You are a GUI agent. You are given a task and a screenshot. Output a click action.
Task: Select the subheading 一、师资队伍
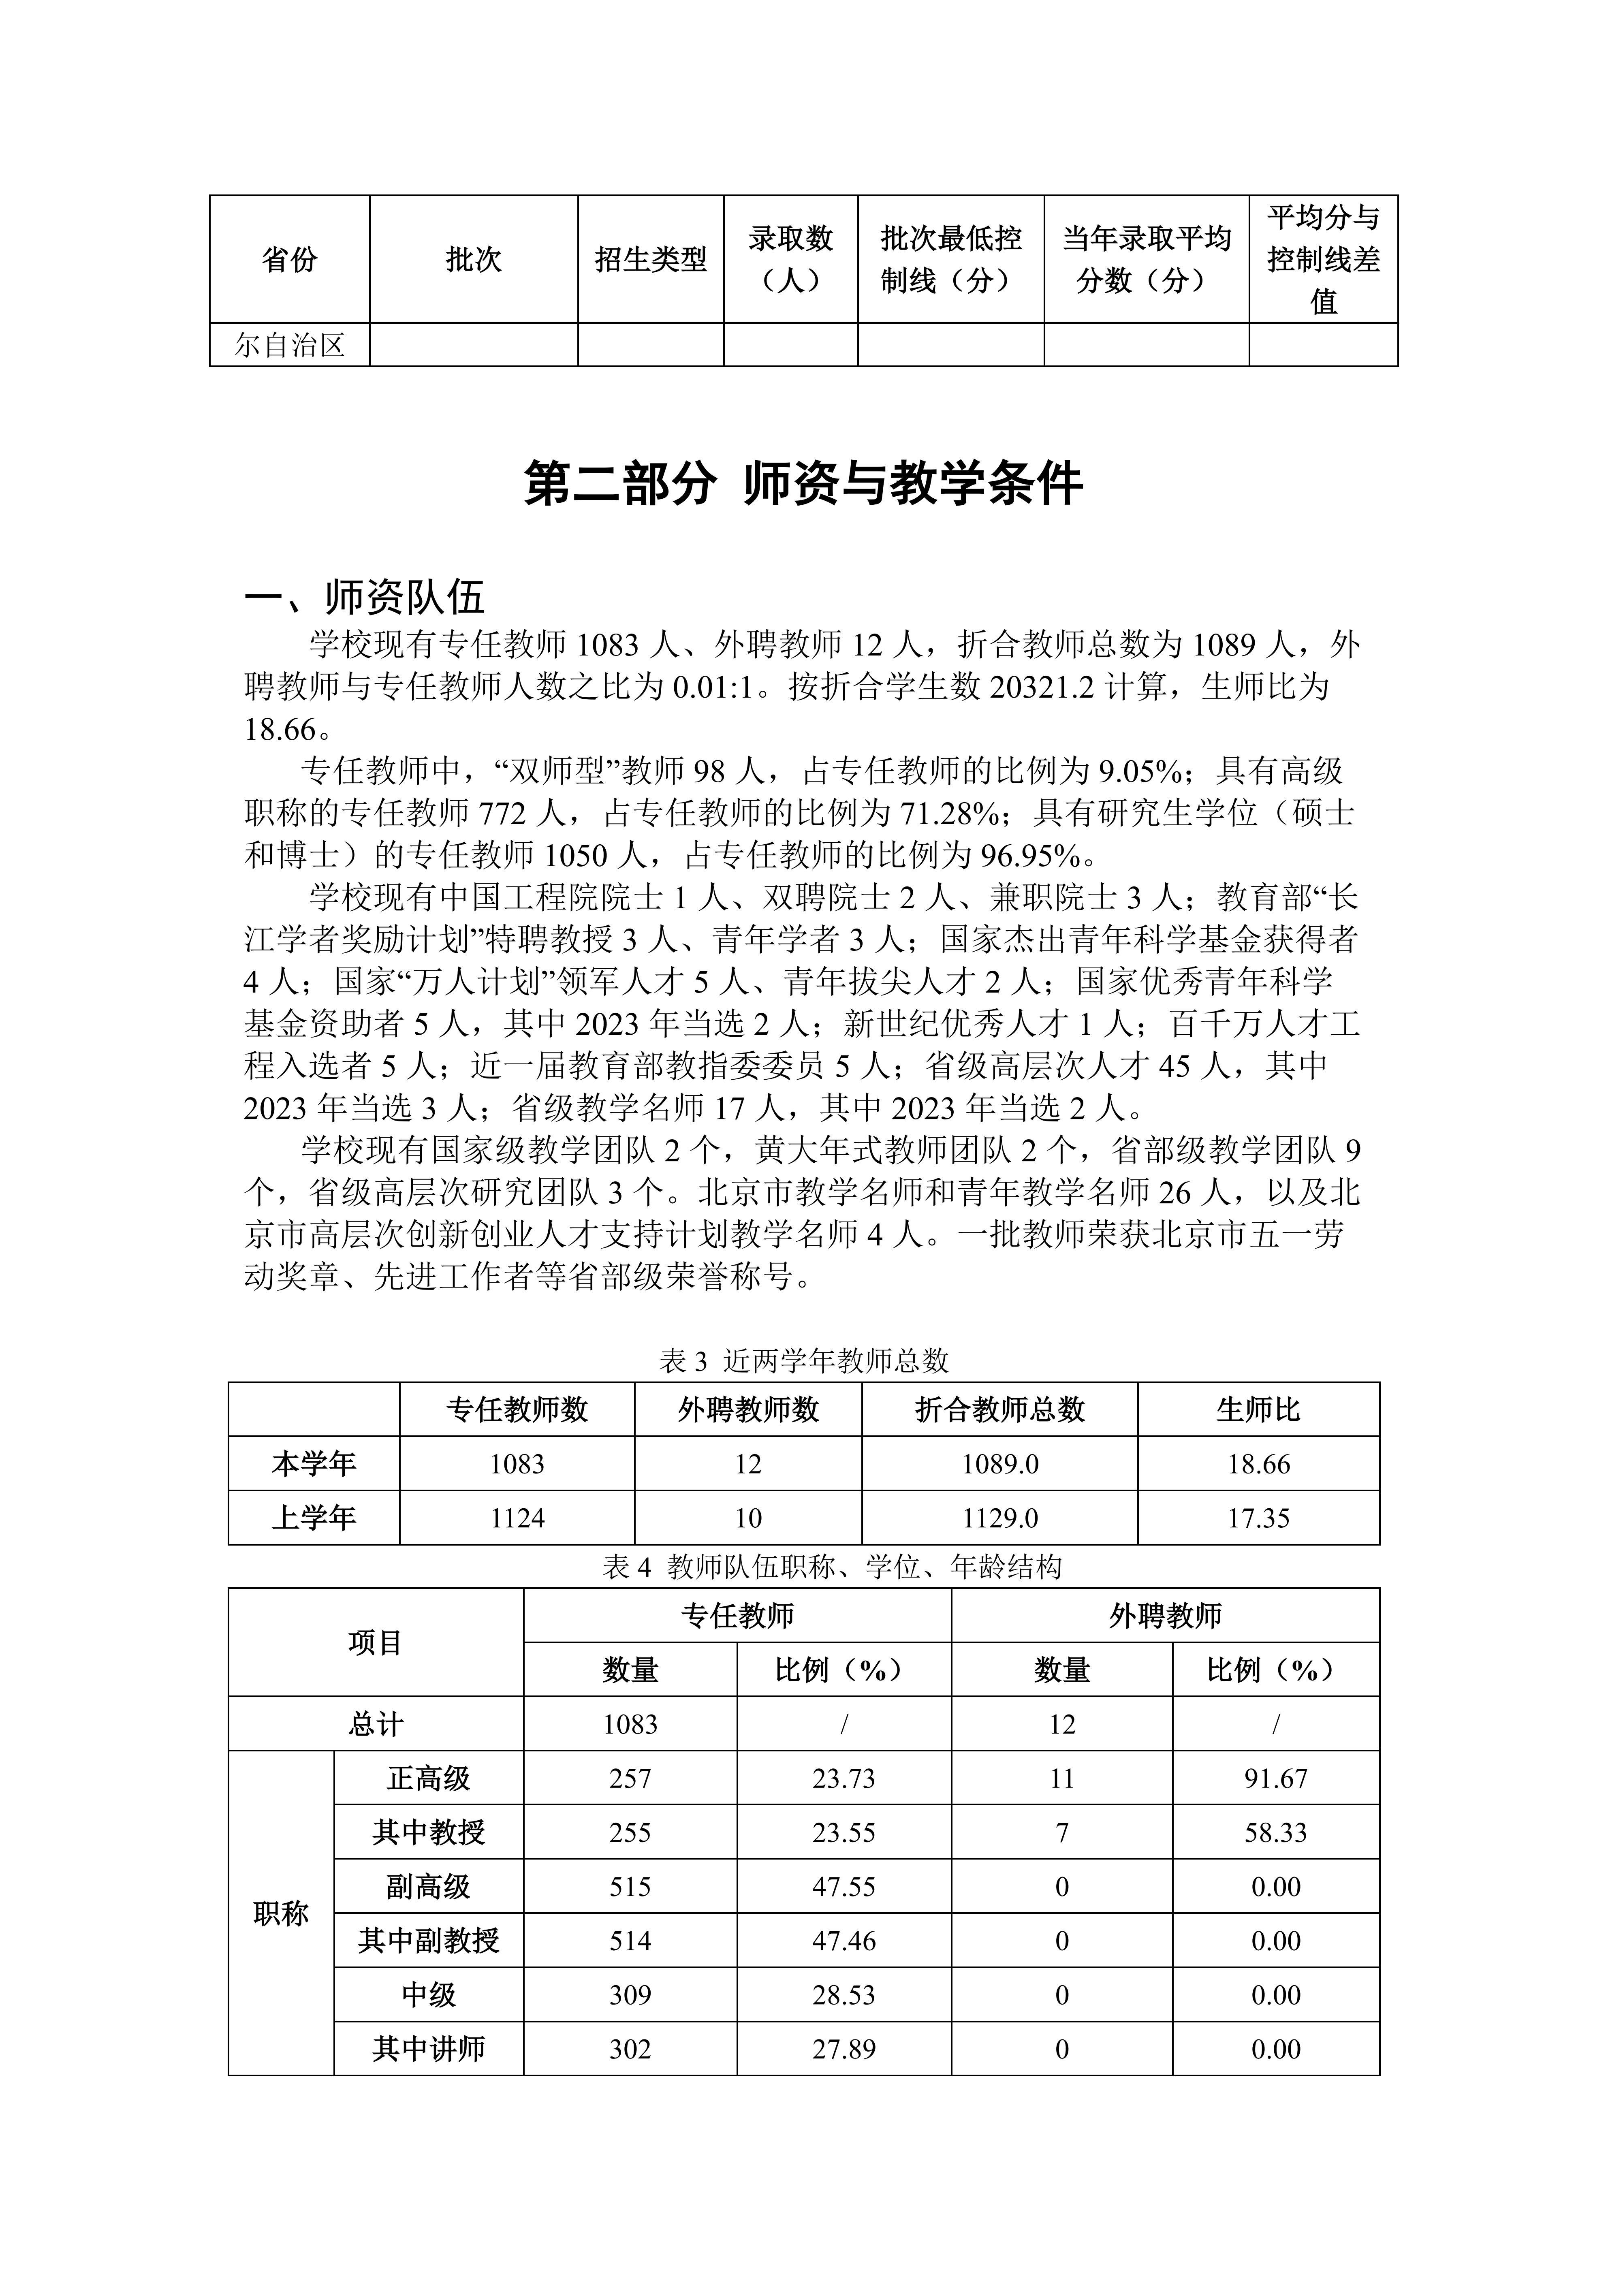coord(364,598)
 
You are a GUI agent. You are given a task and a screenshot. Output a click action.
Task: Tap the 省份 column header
coord(289,260)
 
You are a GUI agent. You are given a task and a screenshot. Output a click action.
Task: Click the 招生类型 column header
coord(651,260)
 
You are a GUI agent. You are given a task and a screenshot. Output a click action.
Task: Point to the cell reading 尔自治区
coord(289,345)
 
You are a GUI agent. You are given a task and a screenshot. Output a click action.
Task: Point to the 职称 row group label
coord(281,1913)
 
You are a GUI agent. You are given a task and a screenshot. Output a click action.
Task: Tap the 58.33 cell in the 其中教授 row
coord(1275,1832)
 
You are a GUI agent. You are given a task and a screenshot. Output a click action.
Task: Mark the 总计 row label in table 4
coord(375,1724)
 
